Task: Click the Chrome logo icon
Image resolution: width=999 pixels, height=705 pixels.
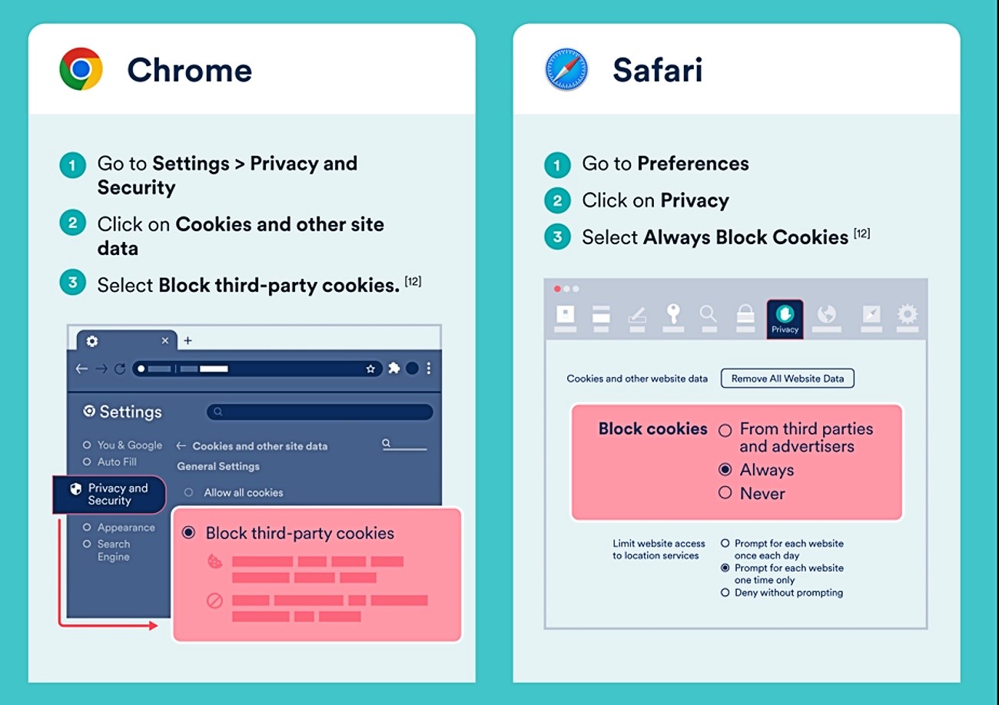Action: (x=81, y=69)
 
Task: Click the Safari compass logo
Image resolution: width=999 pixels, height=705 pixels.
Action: (x=566, y=69)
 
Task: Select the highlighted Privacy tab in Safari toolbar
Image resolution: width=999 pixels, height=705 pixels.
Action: (x=785, y=319)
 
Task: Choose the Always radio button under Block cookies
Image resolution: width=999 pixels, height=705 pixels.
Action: (x=725, y=469)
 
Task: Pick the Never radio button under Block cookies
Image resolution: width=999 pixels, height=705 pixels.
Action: (x=725, y=492)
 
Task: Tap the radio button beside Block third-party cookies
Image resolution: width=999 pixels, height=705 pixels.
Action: (x=188, y=532)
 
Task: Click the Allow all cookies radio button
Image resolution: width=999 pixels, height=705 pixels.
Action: (x=188, y=492)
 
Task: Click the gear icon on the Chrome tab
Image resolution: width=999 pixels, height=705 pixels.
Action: (x=92, y=341)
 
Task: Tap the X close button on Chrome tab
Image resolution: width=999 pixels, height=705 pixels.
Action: (x=165, y=340)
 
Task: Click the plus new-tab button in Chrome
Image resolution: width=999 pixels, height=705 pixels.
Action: (x=188, y=340)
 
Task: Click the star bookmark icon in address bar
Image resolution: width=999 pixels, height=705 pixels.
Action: (x=370, y=369)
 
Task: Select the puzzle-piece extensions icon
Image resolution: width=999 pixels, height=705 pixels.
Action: (x=393, y=368)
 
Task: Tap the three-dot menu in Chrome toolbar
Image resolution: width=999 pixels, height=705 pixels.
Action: (x=429, y=368)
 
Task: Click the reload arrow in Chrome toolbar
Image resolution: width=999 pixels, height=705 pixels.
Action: (x=120, y=369)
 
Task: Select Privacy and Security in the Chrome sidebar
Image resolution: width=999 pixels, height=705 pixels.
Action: (x=109, y=495)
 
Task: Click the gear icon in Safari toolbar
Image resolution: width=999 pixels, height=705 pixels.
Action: (x=907, y=314)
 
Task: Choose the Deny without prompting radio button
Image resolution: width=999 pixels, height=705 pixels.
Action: (x=725, y=592)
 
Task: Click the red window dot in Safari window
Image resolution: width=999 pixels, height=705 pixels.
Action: (x=557, y=289)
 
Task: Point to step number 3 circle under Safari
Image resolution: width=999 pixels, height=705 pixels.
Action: (x=557, y=237)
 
